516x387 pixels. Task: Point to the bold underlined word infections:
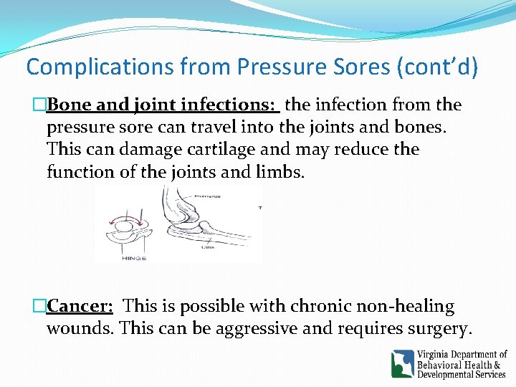230,105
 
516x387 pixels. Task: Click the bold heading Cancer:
80,307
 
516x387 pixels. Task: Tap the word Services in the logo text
483,374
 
